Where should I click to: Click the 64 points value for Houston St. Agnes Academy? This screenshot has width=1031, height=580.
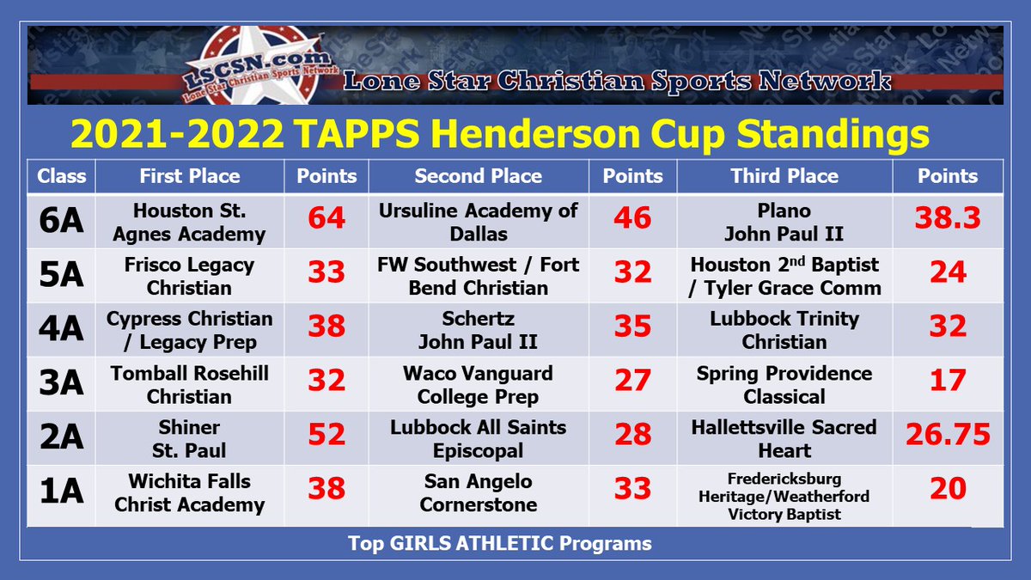click(x=326, y=219)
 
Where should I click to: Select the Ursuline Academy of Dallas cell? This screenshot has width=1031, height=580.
click(x=479, y=222)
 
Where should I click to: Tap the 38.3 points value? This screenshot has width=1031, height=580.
click(x=948, y=219)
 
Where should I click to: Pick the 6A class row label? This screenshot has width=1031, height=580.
click(x=61, y=221)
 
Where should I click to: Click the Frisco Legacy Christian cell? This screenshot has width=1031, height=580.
click(x=189, y=276)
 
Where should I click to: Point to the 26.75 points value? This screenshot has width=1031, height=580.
click(x=948, y=436)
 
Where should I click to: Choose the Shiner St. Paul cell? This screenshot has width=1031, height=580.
click(x=189, y=438)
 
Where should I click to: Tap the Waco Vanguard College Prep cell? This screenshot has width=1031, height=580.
click(x=479, y=385)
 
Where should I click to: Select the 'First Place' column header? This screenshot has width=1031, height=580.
click(x=189, y=176)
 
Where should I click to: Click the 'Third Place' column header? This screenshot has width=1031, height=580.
click(x=784, y=176)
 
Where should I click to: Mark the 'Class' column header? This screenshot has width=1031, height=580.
click(x=61, y=176)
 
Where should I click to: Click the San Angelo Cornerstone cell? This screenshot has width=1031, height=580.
click(x=479, y=492)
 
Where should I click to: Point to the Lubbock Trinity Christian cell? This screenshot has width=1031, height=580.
click(x=784, y=330)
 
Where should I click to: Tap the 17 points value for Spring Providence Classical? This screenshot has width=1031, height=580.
click(x=948, y=382)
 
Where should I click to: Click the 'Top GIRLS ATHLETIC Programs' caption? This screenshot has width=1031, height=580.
click(x=499, y=543)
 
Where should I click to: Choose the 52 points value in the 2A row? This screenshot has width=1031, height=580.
click(x=326, y=436)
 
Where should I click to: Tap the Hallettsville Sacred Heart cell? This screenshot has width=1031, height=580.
click(x=784, y=438)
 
